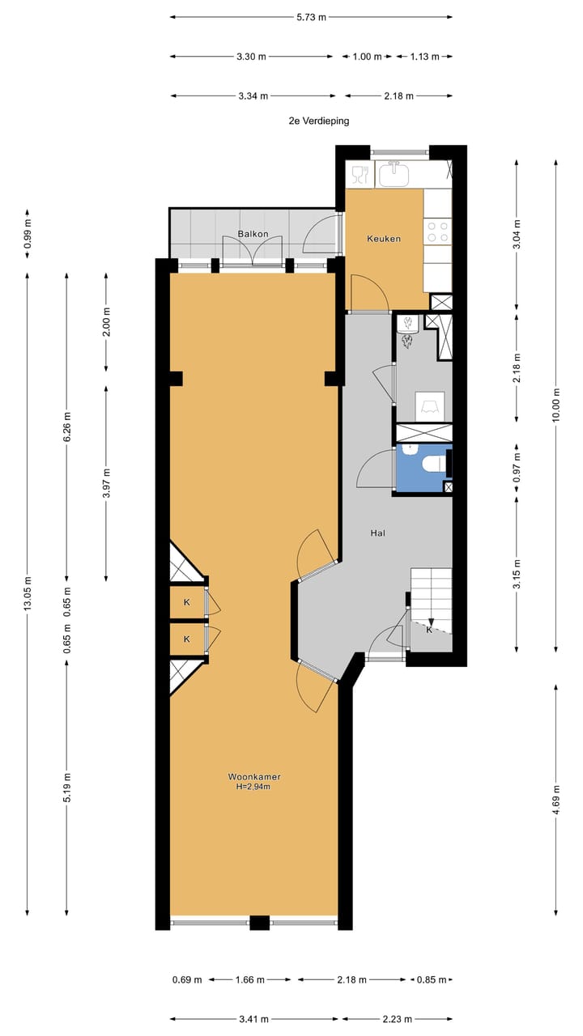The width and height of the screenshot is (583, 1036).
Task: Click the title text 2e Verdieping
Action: click(x=318, y=121)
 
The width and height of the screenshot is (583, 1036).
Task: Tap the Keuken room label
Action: click(x=384, y=239)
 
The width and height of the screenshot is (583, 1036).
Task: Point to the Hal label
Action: click(x=377, y=533)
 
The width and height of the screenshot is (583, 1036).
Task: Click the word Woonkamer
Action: click(x=254, y=776)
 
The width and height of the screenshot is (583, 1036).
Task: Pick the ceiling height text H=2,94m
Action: click(x=254, y=786)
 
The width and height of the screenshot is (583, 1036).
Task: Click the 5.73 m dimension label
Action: click(x=311, y=16)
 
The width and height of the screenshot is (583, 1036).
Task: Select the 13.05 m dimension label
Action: click(x=28, y=597)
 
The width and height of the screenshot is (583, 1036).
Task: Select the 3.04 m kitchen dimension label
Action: click(x=517, y=232)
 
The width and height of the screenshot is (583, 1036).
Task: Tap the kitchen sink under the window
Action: click(x=396, y=173)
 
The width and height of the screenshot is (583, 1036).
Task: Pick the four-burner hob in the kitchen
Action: click(x=438, y=232)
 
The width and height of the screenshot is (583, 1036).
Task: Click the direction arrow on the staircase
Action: click(x=431, y=622)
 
